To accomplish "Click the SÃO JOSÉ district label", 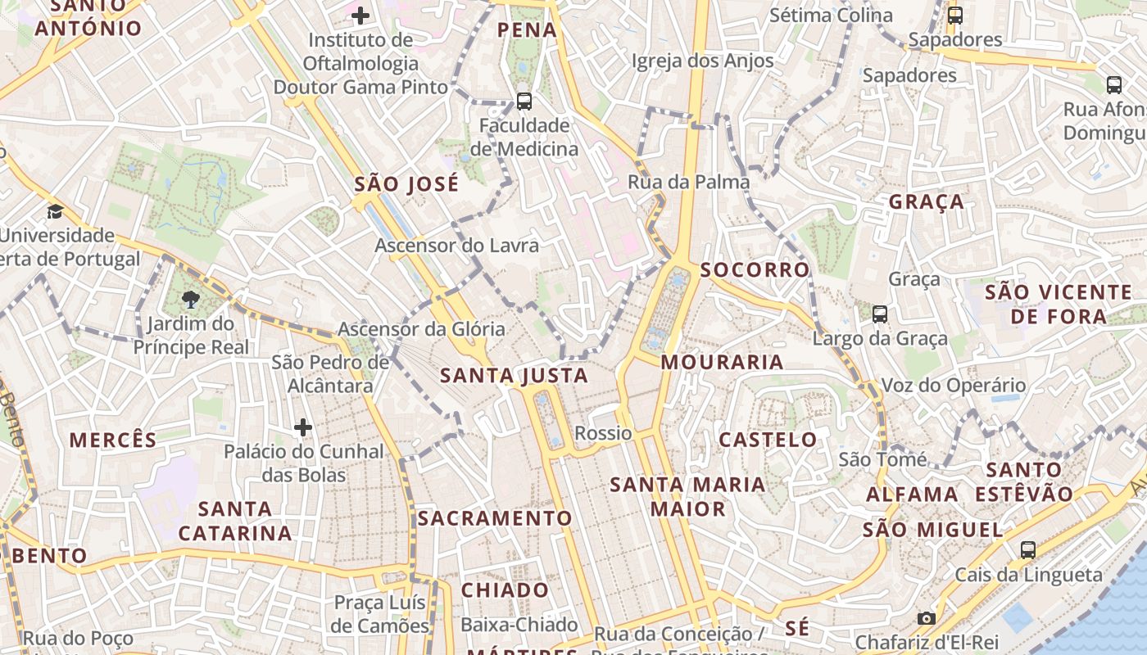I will [406, 184].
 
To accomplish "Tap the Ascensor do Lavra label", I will [457, 245].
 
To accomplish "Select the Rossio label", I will [603, 433].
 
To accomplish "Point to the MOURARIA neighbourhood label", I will [722, 362].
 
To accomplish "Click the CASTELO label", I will [768, 440].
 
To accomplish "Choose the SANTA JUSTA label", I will [515, 376].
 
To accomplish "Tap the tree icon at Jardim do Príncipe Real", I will [192, 299].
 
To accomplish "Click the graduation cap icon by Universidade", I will [56, 211].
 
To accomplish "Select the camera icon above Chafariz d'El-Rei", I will [927, 618].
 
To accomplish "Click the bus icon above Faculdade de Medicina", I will [524, 102].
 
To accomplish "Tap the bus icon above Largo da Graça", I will [880, 314].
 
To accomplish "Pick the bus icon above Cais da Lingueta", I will [1028, 549].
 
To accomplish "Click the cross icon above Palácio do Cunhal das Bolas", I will [303, 427].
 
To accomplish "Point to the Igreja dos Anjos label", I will [702, 61].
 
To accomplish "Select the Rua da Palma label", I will [688, 182].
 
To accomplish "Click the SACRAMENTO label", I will [495, 518].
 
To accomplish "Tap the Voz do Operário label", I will [953, 385].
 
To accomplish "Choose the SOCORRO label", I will [755, 269].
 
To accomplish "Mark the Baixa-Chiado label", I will [519, 625].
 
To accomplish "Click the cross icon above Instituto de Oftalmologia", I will [360, 15].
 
